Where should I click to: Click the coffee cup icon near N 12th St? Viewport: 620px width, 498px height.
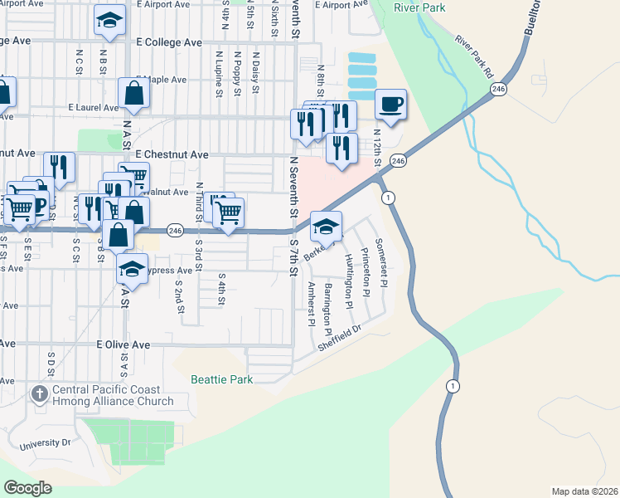[x=390, y=105]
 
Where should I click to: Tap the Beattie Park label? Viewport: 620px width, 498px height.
[x=221, y=379]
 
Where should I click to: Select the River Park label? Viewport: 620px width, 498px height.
[x=419, y=8]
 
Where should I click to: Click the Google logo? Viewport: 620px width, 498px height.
[x=27, y=488]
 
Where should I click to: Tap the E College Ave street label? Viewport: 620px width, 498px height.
[x=168, y=42]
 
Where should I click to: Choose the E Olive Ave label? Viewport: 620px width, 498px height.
[x=123, y=344]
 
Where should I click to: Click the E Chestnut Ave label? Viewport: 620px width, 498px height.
[x=172, y=154]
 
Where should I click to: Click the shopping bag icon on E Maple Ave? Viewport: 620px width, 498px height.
[x=133, y=95]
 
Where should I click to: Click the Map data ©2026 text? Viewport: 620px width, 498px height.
[x=584, y=491]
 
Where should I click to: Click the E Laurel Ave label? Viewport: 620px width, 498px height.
[x=94, y=107]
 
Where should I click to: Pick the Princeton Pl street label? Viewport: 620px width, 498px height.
[x=365, y=271]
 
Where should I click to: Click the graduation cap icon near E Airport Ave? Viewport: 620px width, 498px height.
[x=109, y=22]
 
